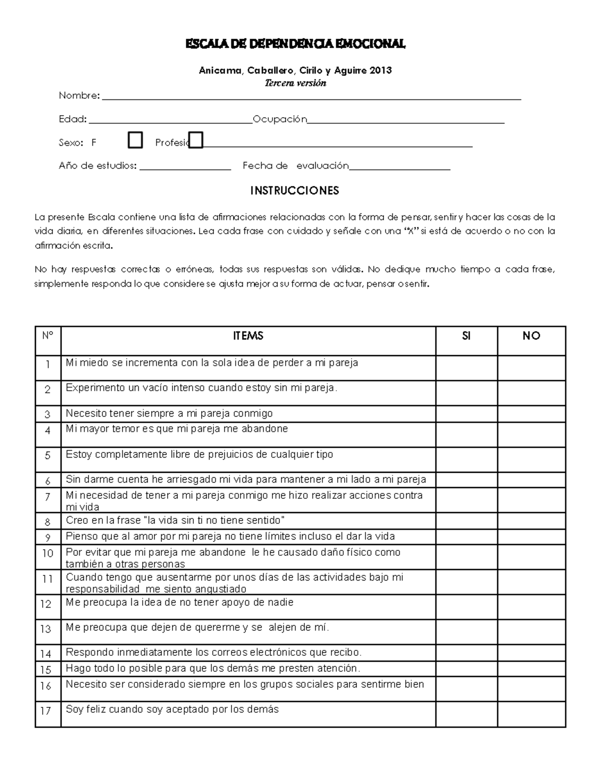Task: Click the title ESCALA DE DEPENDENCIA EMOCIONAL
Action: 295,44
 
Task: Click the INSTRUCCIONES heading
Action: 295,190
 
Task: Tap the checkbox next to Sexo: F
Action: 135,140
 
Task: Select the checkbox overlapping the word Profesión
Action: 196,140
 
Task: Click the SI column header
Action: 466,336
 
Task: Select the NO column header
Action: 531,336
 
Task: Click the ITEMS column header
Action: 248,336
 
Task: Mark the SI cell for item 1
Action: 466,367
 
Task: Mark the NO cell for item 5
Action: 531,459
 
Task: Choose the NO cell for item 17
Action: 531,714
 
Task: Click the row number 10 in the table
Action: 48,553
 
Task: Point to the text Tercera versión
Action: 295,83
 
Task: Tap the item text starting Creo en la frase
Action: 176,520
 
